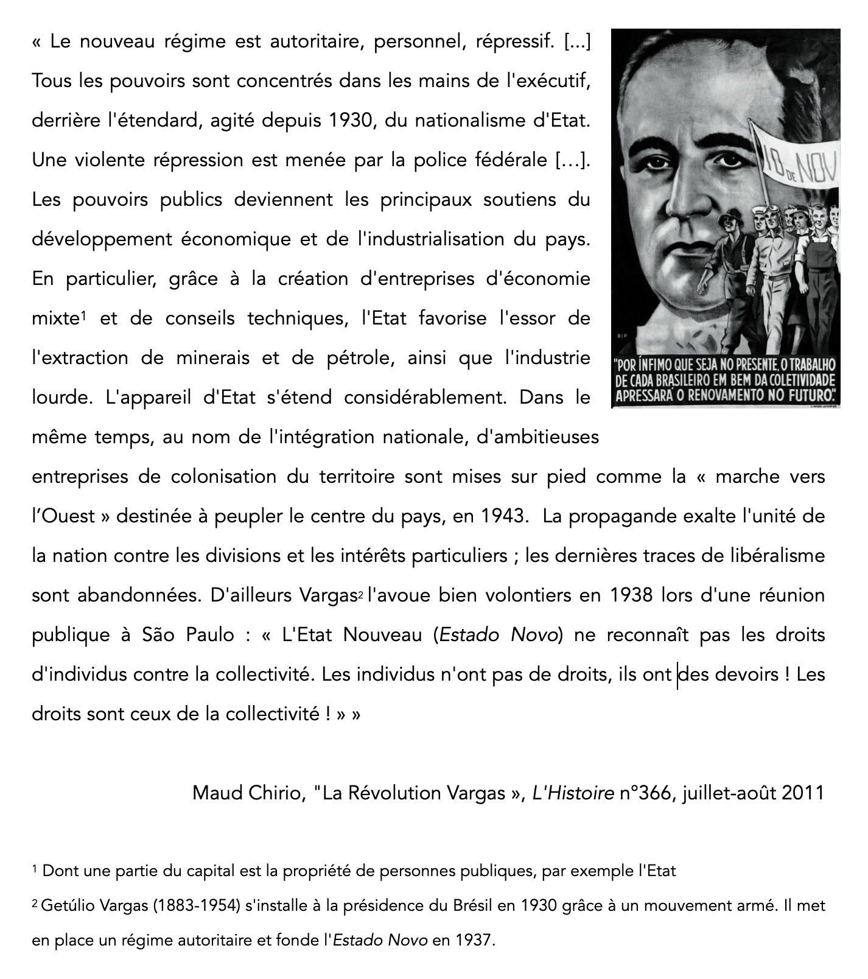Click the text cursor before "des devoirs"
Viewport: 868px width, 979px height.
[678, 675]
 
